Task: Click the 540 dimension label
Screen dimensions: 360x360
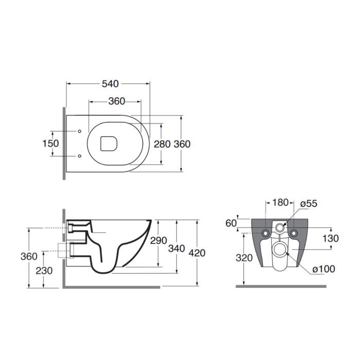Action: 110,84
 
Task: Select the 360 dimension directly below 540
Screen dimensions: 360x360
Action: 117,101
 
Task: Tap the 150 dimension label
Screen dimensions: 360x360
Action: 51,143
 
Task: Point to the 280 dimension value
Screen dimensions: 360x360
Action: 162,144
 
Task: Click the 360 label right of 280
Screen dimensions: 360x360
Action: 182,144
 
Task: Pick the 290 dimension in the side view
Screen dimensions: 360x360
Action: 158,240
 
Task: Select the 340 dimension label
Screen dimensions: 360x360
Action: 176,248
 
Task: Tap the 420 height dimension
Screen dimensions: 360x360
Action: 197,253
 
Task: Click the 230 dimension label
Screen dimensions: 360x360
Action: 44,271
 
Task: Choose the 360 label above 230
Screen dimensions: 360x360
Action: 29,257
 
